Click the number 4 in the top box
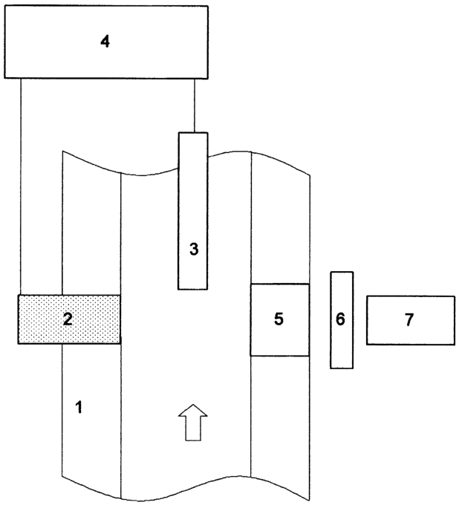[105, 42]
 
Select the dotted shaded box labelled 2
[69, 319]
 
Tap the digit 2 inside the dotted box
[68, 319]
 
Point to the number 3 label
[194, 249]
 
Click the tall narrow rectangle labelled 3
[192, 211]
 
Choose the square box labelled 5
[280, 320]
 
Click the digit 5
[279, 319]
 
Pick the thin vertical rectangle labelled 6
[342, 320]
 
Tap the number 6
[340, 319]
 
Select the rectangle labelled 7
[411, 320]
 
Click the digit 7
[409, 320]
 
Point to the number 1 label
[79, 407]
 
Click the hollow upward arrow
[192, 423]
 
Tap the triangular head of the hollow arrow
[192, 411]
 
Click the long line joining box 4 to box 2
[20, 186]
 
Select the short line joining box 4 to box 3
[195, 105]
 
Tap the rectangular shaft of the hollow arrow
[192, 429]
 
